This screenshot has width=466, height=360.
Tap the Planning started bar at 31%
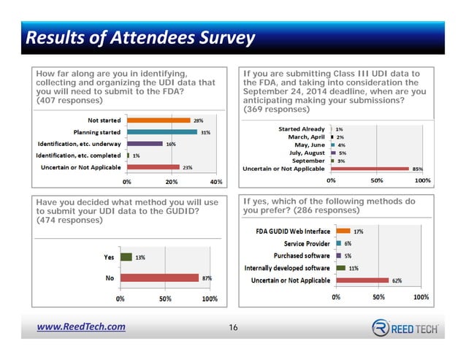point(161,132)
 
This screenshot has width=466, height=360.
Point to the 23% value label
point(188,167)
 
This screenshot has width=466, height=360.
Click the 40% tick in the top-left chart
point(215,181)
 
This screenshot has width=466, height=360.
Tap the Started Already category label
point(302,129)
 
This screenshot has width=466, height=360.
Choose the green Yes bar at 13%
point(126,257)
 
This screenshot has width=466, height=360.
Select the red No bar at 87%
point(159,277)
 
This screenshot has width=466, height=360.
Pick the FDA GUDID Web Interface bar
point(343,231)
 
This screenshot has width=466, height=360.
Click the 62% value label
point(397,280)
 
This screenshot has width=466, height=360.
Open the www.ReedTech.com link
point(81,327)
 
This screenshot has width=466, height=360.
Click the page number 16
point(233,327)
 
